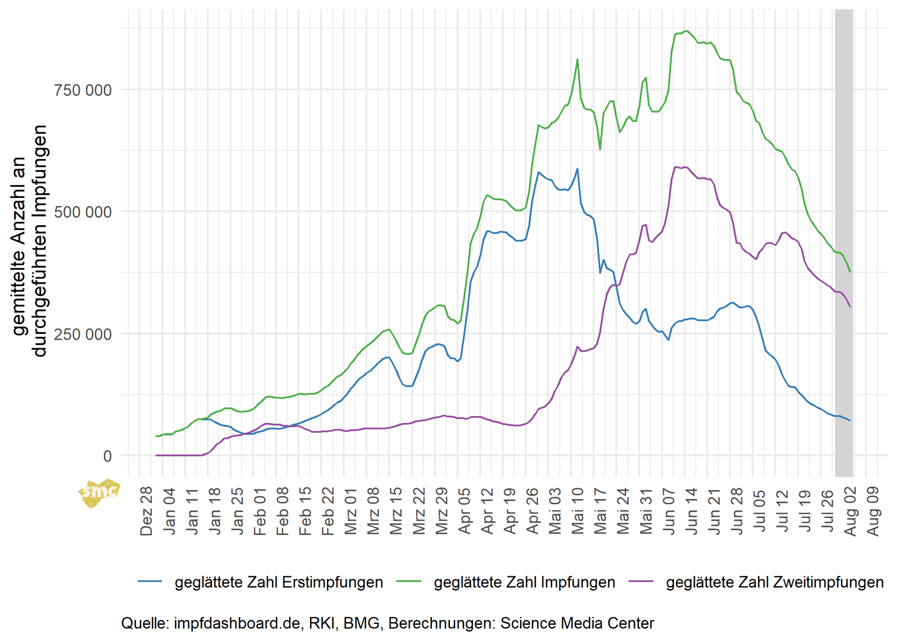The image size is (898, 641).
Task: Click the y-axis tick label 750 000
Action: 82,90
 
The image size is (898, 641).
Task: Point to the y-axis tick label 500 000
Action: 82,212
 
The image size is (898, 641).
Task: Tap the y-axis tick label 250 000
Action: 82,335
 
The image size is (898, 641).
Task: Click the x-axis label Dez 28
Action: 146,511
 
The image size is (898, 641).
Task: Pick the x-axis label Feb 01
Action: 260,511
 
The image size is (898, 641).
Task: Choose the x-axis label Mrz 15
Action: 396,511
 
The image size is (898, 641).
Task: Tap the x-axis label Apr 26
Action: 532,511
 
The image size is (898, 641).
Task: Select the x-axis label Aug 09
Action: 873,511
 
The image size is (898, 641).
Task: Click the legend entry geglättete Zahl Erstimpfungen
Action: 279,582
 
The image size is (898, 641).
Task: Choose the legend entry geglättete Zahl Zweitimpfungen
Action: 774,582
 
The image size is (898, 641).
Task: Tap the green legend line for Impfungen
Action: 409,582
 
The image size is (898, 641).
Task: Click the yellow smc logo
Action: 99,492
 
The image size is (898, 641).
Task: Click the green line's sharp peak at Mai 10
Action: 577,60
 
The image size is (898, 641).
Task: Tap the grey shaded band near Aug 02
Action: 844,241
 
